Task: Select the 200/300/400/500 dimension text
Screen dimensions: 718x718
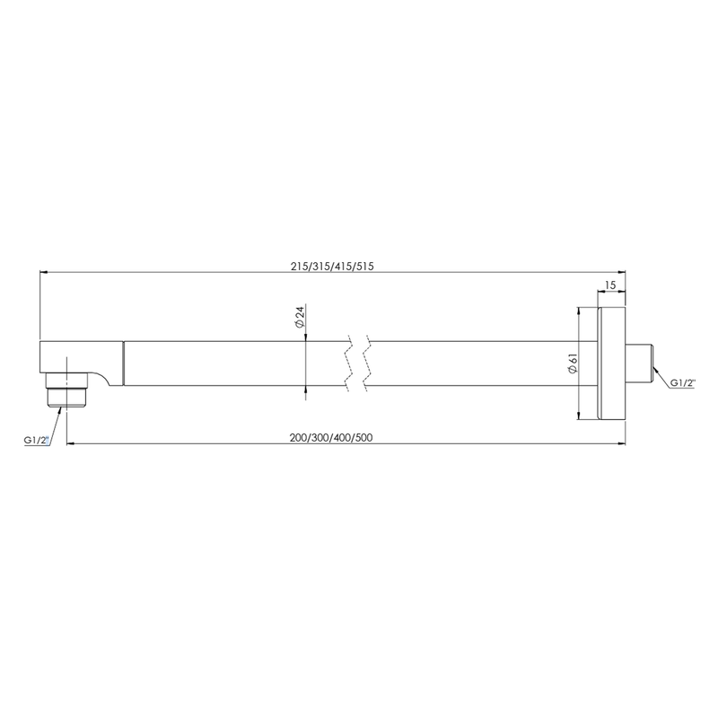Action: [x=331, y=438]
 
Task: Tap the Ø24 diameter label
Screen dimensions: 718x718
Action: [x=301, y=319]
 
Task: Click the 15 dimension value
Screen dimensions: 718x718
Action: [x=610, y=285]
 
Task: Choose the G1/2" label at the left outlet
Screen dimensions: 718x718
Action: [x=37, y=440]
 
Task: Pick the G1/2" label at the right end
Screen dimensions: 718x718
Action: [x=683, y=383]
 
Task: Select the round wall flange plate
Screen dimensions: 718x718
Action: [x=611, y=363]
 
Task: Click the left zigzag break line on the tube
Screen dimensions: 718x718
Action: [x=346, y=363]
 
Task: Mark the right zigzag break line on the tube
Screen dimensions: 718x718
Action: [x=367, y=363]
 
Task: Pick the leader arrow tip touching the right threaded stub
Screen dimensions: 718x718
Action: [x=657, y=370]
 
